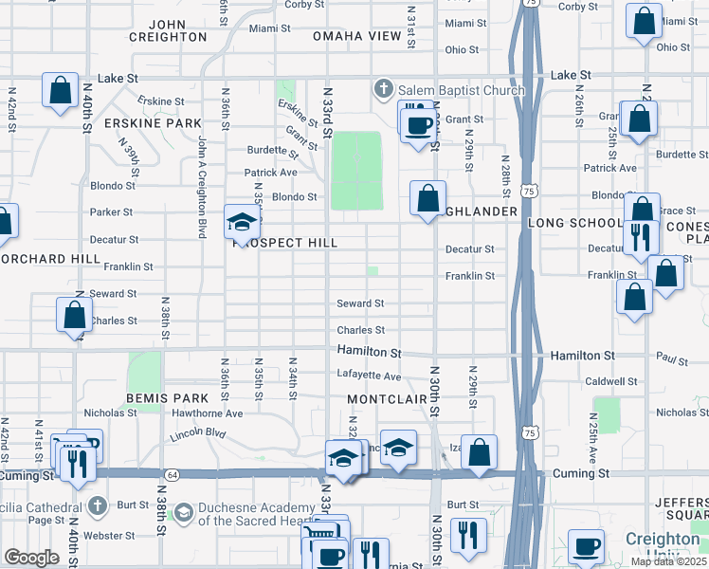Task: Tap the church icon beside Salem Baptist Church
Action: point(384,90)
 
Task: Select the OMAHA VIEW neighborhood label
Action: point(357,36)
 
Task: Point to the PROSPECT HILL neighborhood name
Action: point(285,244)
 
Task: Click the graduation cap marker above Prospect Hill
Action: point(242,224)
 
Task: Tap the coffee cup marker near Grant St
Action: point(419,124)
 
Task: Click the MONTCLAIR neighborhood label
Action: point(383,399)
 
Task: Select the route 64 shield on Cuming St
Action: point(172,474)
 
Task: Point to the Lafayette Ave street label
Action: point(369,376)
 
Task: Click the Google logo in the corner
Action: point(31,558)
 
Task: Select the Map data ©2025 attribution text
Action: point(668,561)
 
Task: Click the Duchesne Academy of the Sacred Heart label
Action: point(245,514)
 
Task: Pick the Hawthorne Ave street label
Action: point(207,413)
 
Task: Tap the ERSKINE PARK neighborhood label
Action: point(167,123)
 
